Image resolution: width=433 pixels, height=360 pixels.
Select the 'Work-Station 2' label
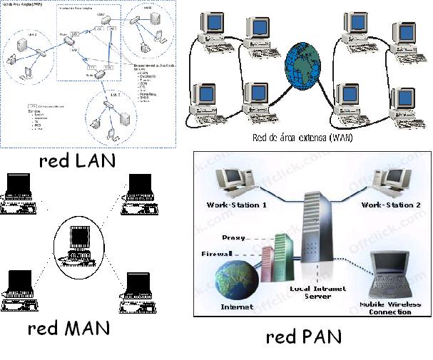[x=392, y=205]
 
